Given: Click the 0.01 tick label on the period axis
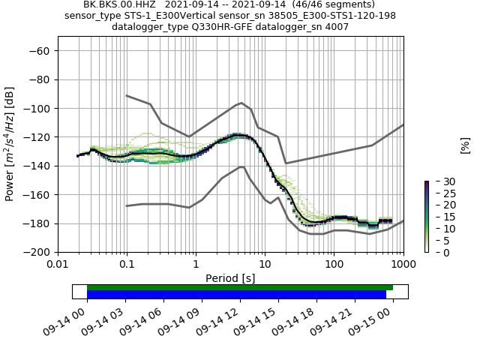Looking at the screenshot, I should pos(58,265).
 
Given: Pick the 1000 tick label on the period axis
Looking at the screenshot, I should pos(403,265).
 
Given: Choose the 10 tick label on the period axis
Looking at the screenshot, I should pos(265,265).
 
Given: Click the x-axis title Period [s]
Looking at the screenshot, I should pos(230,278).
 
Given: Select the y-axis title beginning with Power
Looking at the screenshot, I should pos(10,144).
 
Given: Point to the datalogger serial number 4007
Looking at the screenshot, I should pos(335,27).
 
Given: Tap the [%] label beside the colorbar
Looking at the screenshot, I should pos(465,145).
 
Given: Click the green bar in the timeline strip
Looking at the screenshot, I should pos(240,287).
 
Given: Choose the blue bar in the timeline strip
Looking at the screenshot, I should pos(236,295).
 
